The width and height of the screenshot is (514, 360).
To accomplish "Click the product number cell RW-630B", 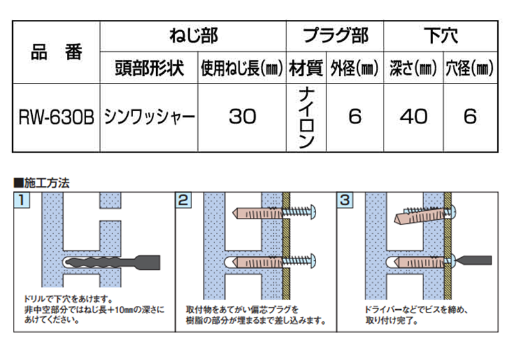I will (56, 117).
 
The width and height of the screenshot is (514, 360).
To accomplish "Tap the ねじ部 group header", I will (193, 35).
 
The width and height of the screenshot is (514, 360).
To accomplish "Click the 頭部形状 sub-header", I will (148, 68).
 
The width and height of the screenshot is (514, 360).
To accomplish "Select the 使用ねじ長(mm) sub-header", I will (242, 68).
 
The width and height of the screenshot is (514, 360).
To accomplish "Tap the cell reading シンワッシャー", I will (148, 117).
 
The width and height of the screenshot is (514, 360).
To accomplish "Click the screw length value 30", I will (242, 117).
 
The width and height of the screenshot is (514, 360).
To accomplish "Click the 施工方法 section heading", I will (45, 182).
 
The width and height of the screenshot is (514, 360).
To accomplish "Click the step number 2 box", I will (183, 200).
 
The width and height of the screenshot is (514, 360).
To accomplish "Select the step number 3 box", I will (345, 200).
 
